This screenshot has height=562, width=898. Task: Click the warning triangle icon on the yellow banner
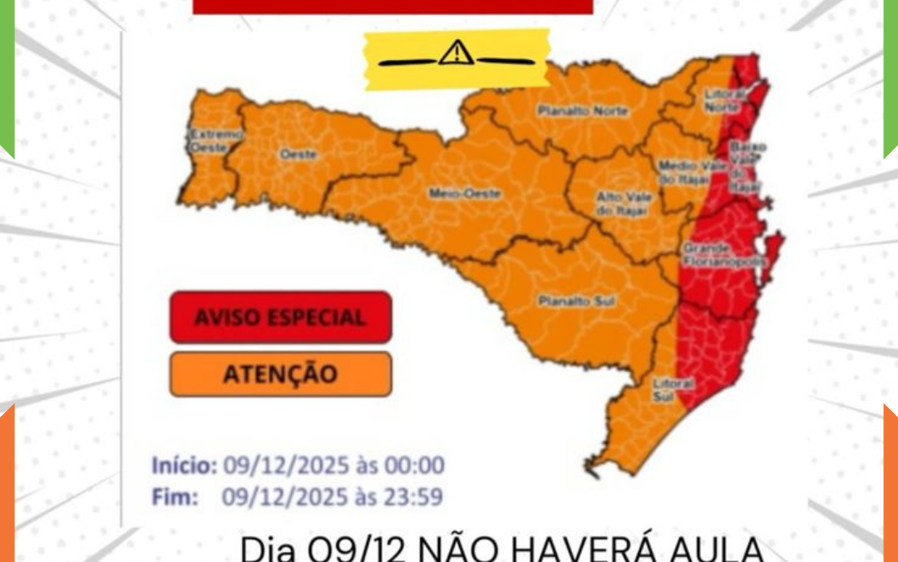(456, 53)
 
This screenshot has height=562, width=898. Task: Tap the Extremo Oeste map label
(204, 140)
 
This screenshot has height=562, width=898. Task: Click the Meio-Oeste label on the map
(453, 193)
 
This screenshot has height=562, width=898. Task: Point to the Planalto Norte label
(571, 110)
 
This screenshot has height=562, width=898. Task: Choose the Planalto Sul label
(565, 301)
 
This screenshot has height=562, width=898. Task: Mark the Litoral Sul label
(664, 391)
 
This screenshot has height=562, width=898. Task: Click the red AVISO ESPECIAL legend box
(280, 317)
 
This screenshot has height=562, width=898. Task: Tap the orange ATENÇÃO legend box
(280, 374)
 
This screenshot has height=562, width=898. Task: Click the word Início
(184, 465)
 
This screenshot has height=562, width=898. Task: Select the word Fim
(175, 497)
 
